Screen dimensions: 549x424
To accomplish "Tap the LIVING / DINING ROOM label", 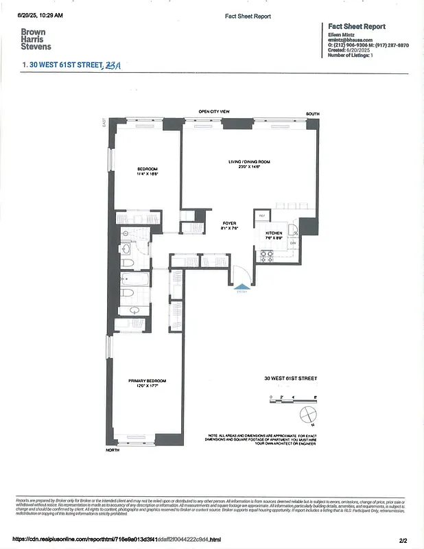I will coord(250,162).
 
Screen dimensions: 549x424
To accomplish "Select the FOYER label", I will coord(229,224).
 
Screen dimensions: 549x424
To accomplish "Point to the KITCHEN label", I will coord(274,233).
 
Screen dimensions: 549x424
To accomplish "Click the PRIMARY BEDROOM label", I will coord(147,381).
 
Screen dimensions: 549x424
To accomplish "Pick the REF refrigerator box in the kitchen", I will coord(261,216).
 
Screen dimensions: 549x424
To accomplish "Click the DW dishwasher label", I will coord(292,243).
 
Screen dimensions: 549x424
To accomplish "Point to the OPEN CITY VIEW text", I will coord(213,111).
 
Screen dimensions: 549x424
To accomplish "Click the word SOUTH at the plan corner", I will coord(313,113).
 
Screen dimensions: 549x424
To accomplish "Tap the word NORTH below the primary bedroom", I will coord(113,450).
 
